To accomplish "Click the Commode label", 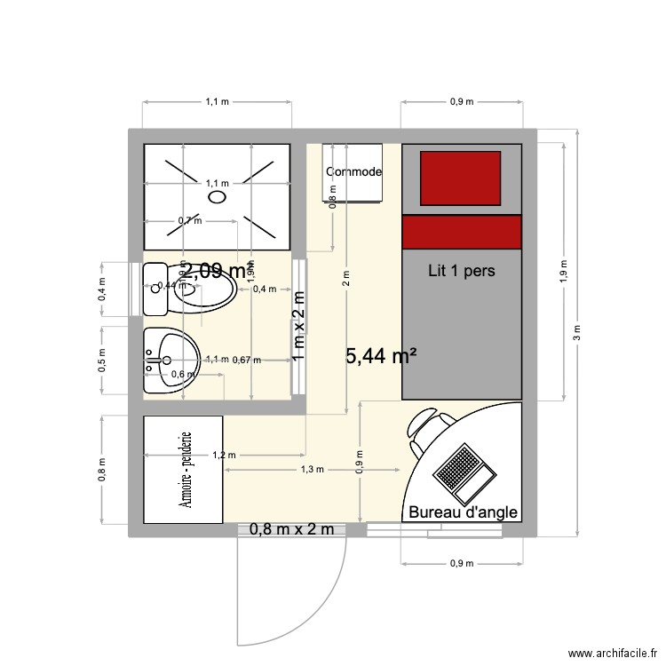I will click(x=353, y=171).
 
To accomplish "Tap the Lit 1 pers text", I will click(x=462, y=269).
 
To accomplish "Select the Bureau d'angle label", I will click(x=462, y=512).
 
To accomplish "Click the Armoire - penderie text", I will click(x=186, y=470).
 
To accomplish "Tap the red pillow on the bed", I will click(x=460, y=177).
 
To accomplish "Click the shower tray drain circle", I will click(x=218, y=199).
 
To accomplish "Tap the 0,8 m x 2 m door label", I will click(x=291, y=530).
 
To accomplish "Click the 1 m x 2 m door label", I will click(x=298, y=326).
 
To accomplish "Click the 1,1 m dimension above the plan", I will click(x=218, y=102).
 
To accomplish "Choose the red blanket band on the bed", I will click(x=462, y=232).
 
